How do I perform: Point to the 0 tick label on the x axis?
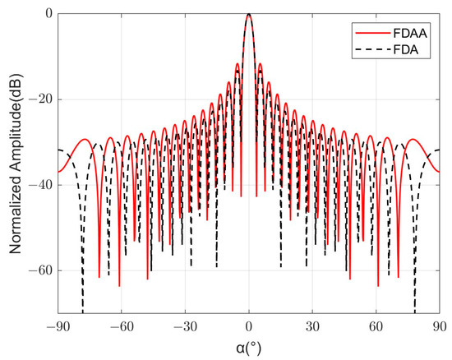(x=249, y=325)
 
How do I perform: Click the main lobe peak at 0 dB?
(x=249, y=14)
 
